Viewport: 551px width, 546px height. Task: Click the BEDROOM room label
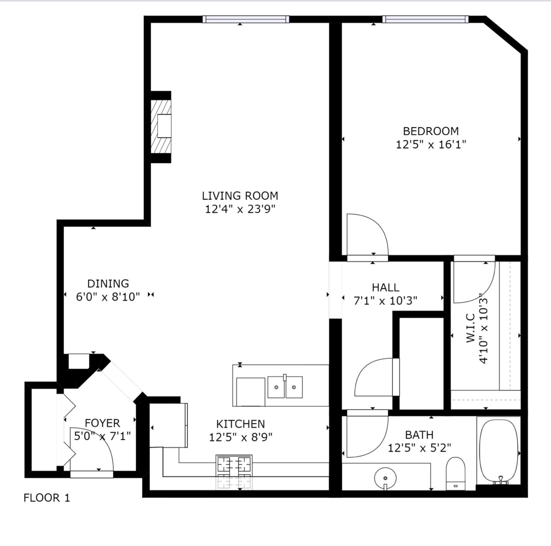click(x=430, y=131)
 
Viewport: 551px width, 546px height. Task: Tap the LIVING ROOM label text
click(x=240, y=196)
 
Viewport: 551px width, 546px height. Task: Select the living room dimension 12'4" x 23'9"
click(x=240, y=209)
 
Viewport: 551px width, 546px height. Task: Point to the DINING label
click(x=108, y=284)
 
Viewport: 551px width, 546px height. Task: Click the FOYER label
click(x=102, y=423)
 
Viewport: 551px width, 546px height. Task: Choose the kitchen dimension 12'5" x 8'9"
click(x=240, y=437)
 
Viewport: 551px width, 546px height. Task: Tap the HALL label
click(x=385, y=287)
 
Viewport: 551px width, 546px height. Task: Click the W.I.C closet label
click(x=471, y=328)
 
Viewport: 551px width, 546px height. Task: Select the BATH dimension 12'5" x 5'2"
click(x=419, y=448)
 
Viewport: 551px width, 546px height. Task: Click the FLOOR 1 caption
click(x=47, y=498)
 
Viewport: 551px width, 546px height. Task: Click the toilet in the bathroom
click(x=456, y=473)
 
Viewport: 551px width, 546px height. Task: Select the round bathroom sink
click(x=385, y=478)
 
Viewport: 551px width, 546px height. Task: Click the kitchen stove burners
click(x=234, y=464)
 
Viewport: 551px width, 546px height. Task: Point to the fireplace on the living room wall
click(x=161, y=127)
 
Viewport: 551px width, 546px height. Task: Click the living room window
click(x=246, y=19)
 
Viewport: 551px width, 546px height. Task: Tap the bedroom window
click(x=425, y=19)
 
